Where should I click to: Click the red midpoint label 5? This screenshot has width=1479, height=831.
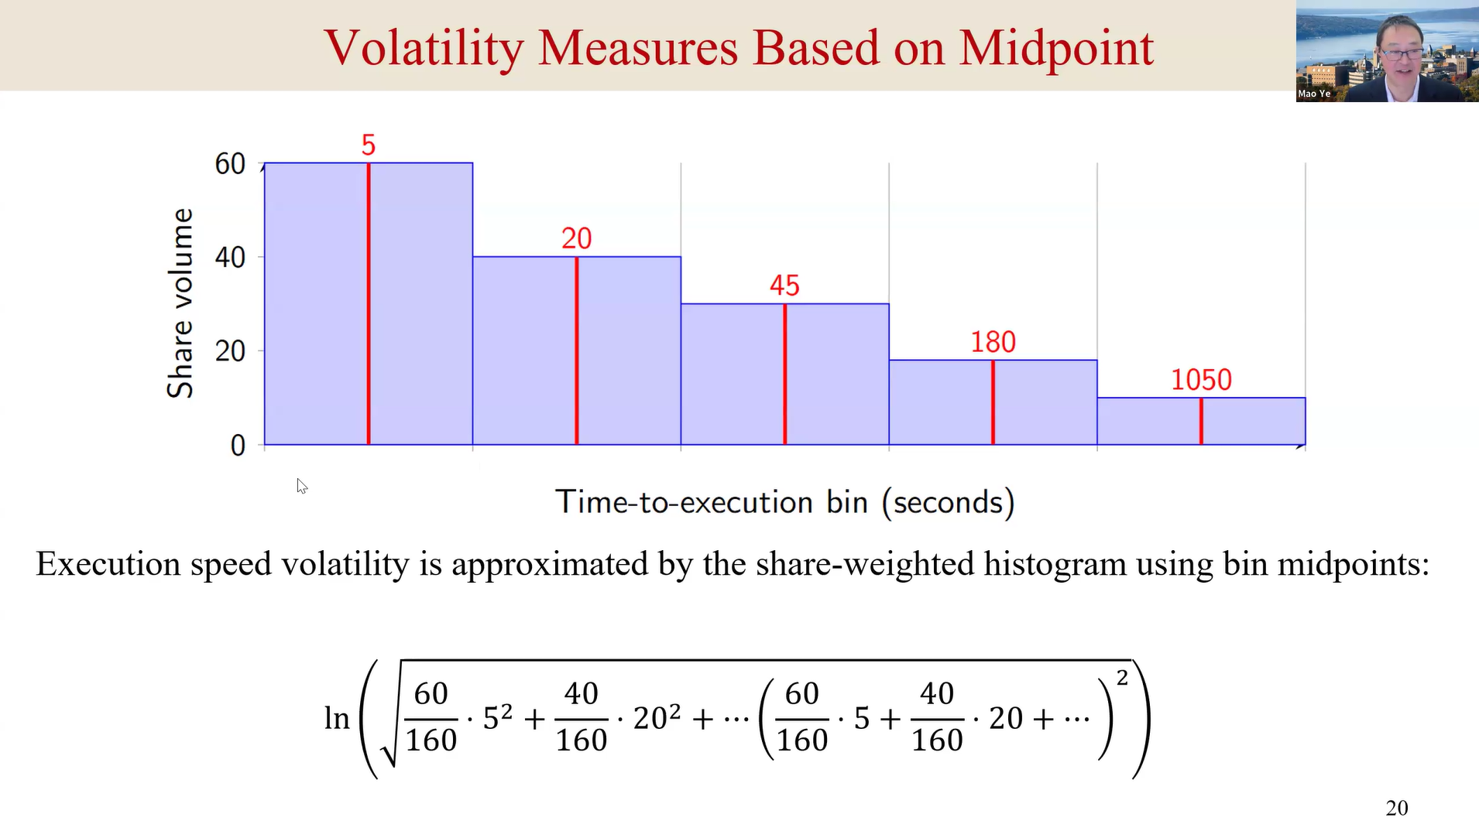(x=369, y=145)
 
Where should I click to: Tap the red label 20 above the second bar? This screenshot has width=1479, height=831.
(x=577, y=238)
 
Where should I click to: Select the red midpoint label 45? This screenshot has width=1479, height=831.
(x=784, y=286)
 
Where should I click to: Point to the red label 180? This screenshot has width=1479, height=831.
(x=993, y=342)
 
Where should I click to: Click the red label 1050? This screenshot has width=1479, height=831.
(x=1201, y=380)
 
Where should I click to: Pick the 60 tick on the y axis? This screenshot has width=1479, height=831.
(x=230, y=164)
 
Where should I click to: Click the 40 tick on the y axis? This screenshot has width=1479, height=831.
(x=230, y=257)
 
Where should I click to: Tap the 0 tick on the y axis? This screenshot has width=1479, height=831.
(x=238, y=446)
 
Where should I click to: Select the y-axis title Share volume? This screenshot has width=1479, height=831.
(x=180, y=303)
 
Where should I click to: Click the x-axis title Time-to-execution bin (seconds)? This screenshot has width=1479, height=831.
(x=784, y=502)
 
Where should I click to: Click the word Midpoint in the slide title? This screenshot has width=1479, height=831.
(x=1057, y=48)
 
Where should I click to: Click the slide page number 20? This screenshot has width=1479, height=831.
(x=1397, y=808)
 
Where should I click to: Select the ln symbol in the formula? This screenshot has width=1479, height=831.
(x=337, y=718)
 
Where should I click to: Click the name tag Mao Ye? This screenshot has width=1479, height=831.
(x=1314, y=94)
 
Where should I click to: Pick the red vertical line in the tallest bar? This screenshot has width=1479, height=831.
(x=369, y=304)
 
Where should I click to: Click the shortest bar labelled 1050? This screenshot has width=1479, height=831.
(x=1201, y=421)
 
